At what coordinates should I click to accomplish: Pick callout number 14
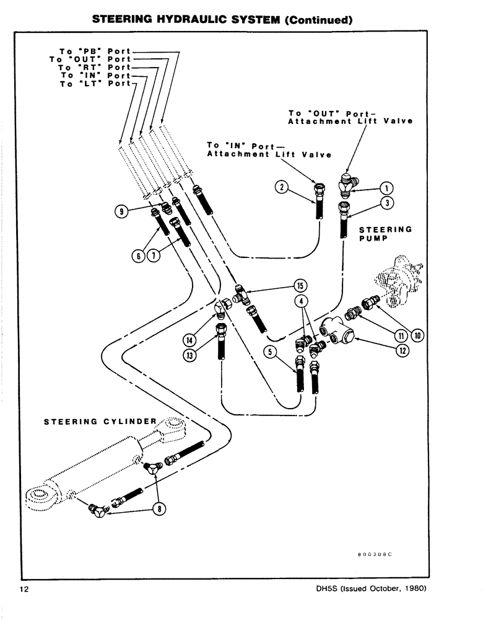point(189,339)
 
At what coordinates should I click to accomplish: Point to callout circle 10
point(417,335)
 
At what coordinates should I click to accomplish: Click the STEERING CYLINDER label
point(100,422)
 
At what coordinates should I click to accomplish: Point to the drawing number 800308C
point(375,553)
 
